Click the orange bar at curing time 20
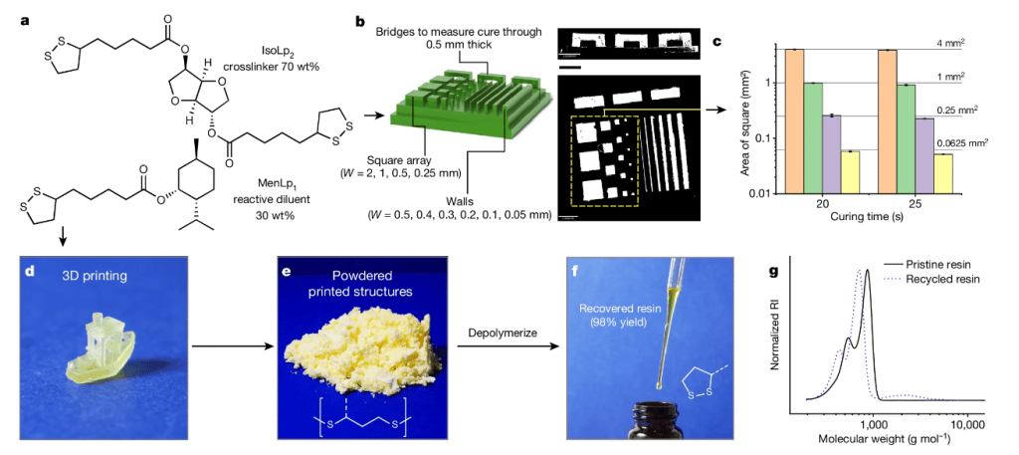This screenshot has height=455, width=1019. (x=794, y=121)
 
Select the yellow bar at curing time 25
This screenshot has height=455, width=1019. (x=944, y=174)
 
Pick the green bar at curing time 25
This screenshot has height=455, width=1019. (x=907, y=139)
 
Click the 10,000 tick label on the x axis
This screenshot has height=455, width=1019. (x=967, y=423)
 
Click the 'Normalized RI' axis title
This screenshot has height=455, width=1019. (x=775, y=330)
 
